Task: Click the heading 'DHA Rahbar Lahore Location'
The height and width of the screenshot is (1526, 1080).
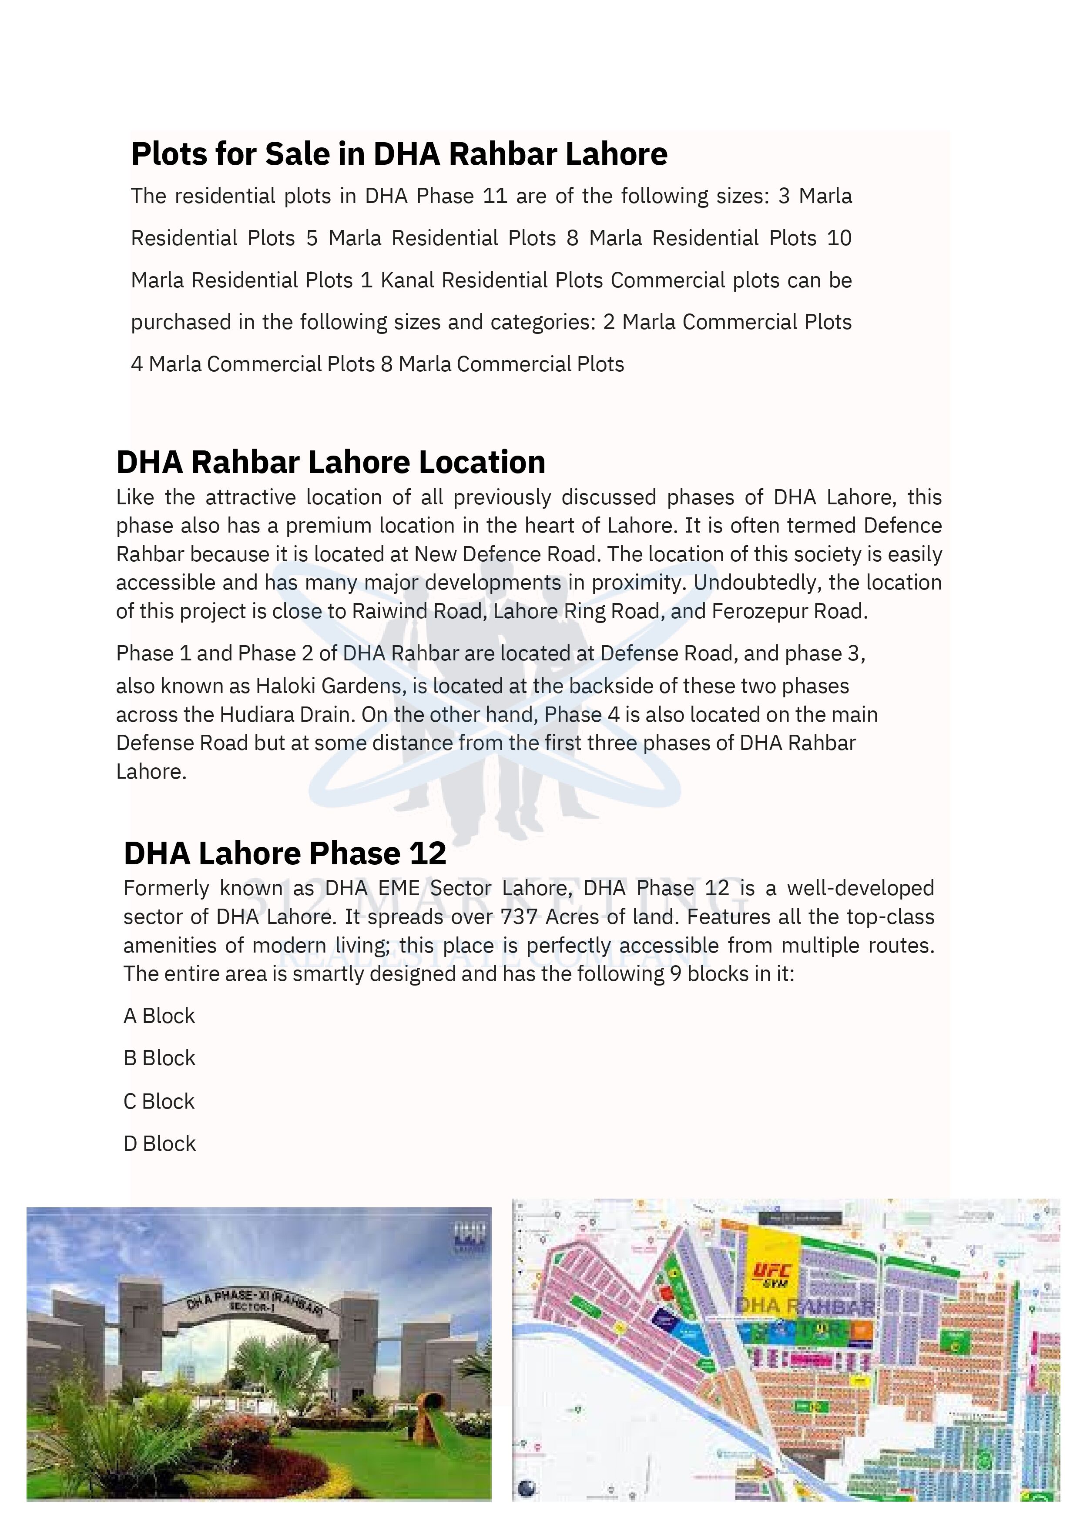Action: (331, 462)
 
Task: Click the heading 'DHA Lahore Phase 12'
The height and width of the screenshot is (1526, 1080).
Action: (285, 853)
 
